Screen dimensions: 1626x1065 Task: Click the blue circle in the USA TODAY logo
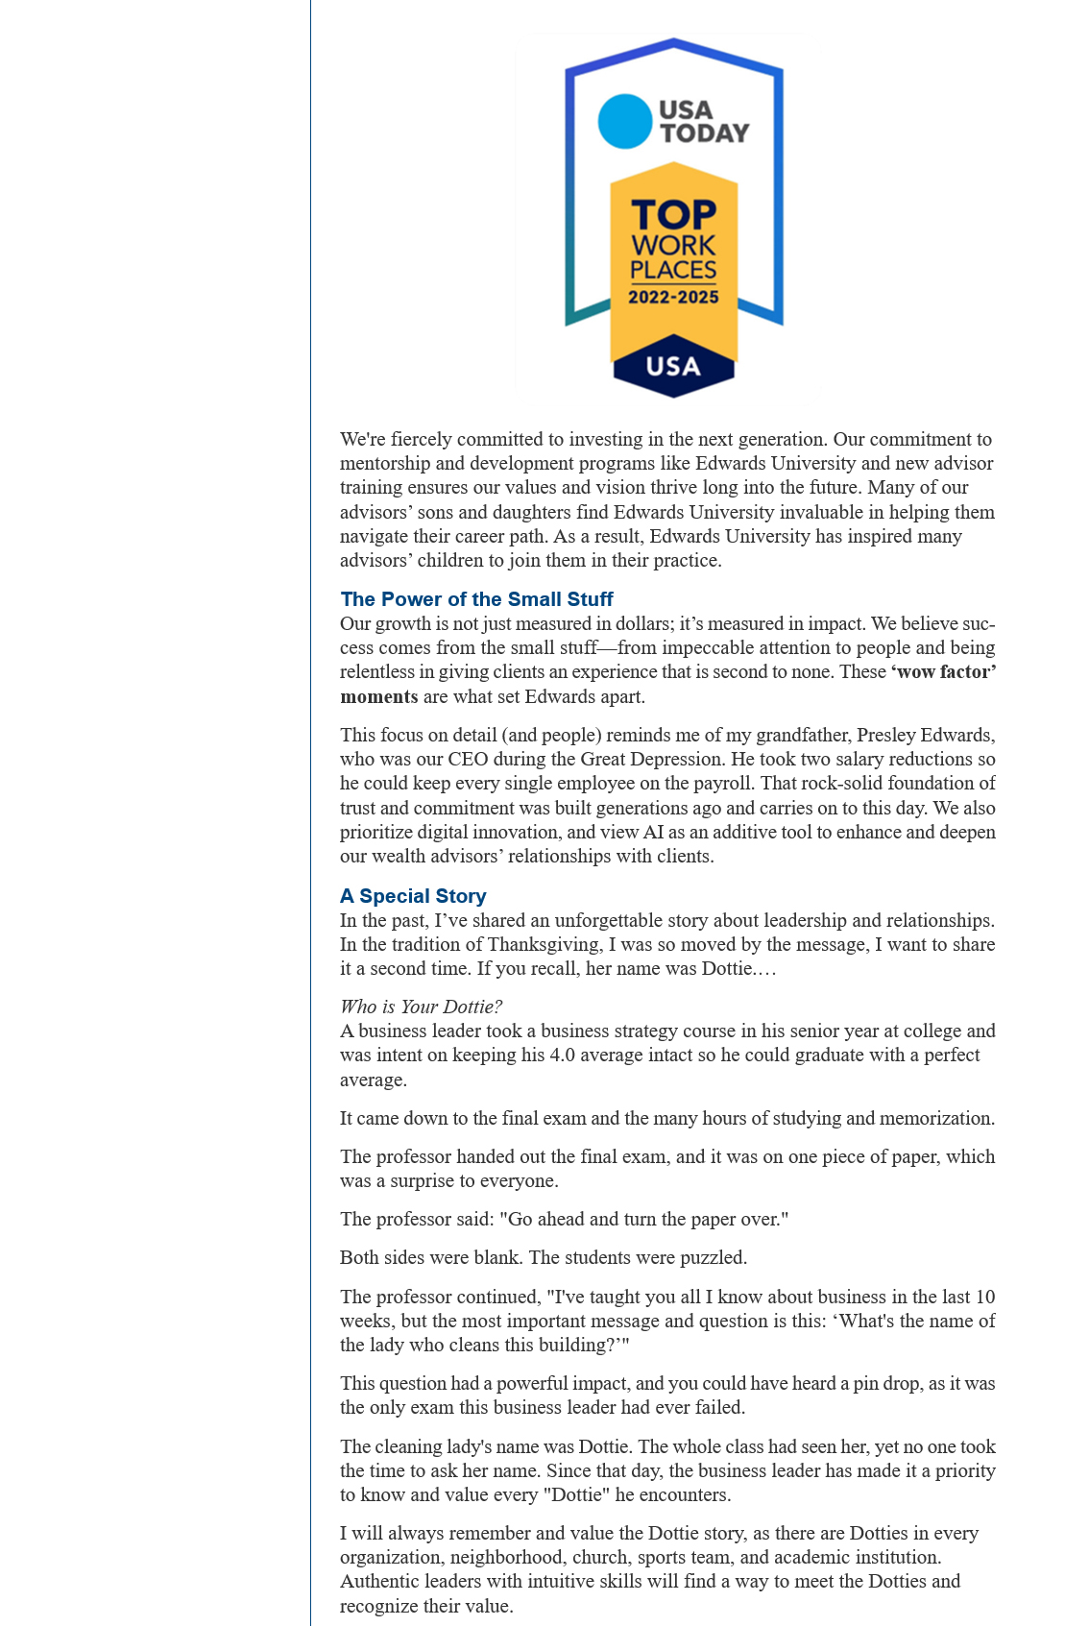tap(625, 121)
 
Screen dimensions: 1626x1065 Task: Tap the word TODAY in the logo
tap(704, 133)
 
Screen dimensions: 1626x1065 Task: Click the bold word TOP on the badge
tap(673, 214)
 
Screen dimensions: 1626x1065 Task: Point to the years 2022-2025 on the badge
tap(673, 298)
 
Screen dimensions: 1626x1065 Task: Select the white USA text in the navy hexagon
tap(673, 366)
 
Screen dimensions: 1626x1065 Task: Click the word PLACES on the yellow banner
tap(673, 270)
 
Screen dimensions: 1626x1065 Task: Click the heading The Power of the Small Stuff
tap(476, 599)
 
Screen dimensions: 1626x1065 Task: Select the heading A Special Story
tap(413, 896)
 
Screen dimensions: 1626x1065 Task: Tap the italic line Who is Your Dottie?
tap(421, 1007)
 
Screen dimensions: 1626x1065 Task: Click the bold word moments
tap(378, 696)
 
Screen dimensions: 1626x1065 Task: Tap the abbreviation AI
tap(653, 832)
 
